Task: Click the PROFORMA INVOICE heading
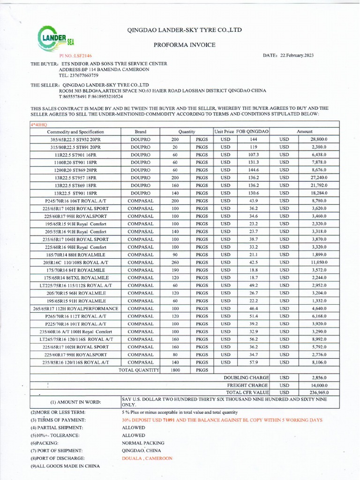pos(185,45)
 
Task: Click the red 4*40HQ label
pos(39,125)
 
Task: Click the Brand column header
pos(141,132)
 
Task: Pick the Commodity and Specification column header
pos(75,132)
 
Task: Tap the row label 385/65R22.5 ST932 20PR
pos(75,140)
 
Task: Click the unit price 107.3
pos(254,155)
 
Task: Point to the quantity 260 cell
pos(175,262)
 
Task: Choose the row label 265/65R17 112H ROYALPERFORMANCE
pos(75,308)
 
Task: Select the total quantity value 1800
pos(175,370)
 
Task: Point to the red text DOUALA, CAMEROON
pos(147,458)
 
